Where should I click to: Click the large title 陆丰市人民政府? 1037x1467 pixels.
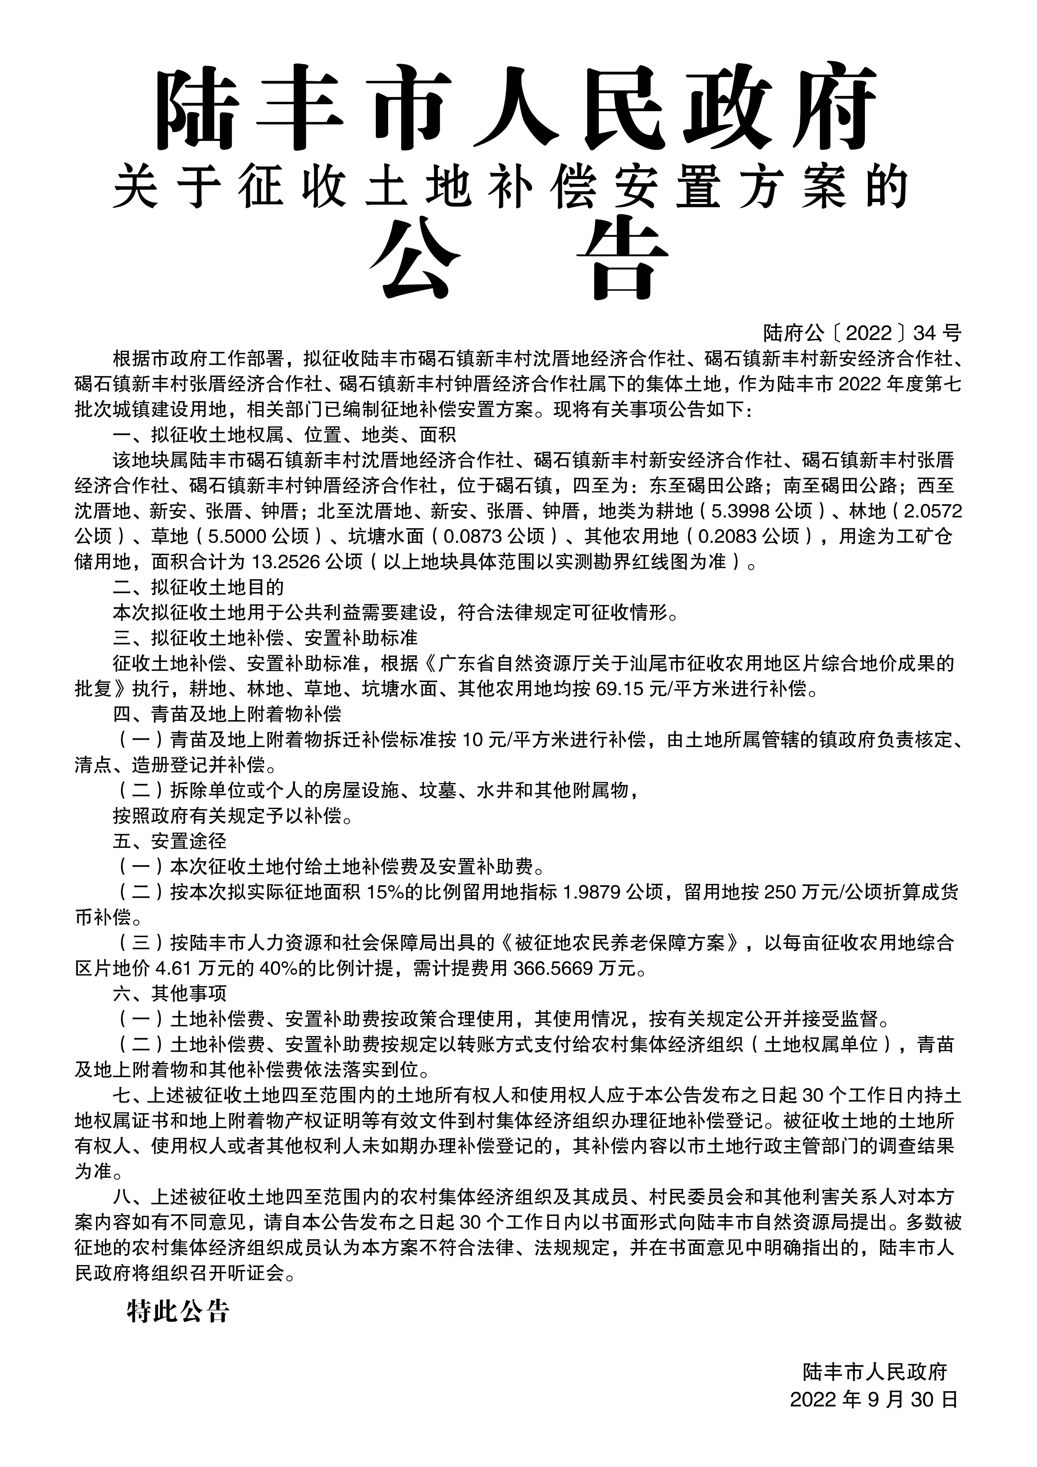pyautogui.click(x=517, y=107)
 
